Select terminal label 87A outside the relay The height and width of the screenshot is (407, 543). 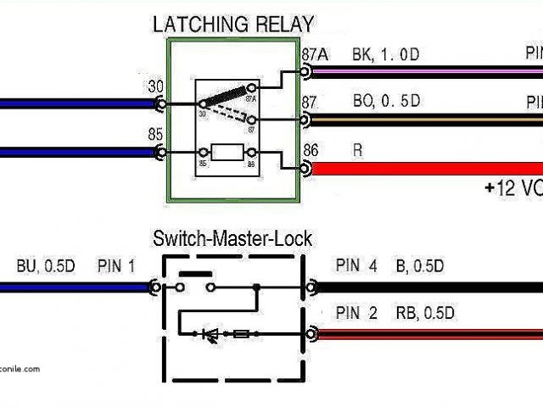click(314, 54)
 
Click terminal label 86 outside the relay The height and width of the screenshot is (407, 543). click(311, 150)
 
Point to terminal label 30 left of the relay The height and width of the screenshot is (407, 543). click(156, 87)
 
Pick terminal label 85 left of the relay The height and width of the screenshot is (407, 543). click(156, 134)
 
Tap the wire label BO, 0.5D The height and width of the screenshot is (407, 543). click(386, 103)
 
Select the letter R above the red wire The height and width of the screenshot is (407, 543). click(356, 150)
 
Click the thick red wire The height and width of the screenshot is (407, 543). click(424, 168)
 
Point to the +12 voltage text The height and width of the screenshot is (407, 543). click(513, 188)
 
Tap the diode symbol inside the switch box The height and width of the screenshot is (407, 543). click(210, 334)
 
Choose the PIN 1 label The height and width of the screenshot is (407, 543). click(116, 265)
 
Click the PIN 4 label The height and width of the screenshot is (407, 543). click(355, 265)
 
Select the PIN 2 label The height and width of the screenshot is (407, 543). click(355, 313)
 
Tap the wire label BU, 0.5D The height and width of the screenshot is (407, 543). click(46, 265)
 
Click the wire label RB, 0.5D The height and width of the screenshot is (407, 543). click(425, 313)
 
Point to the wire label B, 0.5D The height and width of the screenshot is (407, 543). click(419, 265)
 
